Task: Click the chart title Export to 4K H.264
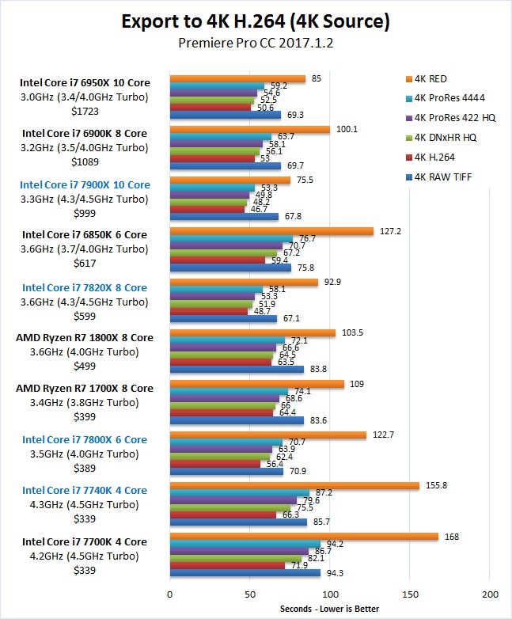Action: click(256, 21)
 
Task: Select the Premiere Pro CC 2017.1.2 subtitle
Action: click(256, 44)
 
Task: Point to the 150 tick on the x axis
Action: click(410, 594)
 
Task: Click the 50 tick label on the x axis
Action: click(249, 594)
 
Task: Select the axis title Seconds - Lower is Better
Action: click(329, 609)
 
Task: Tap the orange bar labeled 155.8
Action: click(294, 485)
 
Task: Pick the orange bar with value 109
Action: click(256, 384)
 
